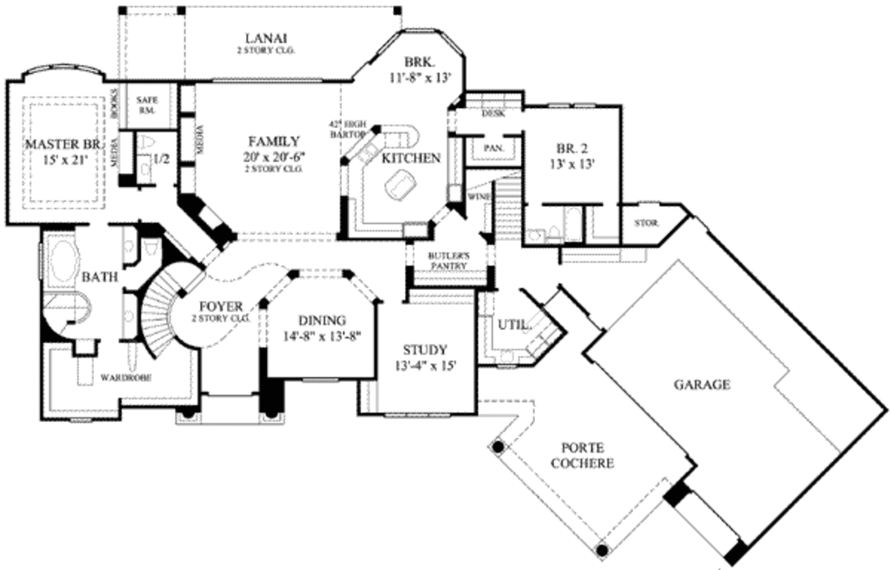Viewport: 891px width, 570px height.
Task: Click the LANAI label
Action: pos(266,38)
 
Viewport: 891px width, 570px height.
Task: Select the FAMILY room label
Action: pos(273,141)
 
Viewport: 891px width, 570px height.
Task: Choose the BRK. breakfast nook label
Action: pos(419,63)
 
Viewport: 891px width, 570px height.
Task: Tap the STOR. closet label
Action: pos(646,224)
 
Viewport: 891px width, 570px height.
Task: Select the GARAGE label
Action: pos(700,384)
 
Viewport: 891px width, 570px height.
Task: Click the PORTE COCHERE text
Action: pos(582,455)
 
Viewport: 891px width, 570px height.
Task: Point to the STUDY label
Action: pos(425,350)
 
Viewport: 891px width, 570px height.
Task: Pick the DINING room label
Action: pos(322,320)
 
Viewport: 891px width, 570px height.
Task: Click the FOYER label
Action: pos(221,307)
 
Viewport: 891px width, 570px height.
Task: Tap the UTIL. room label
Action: pos(513,325)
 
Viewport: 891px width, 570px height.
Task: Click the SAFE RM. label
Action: pos(147,105)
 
